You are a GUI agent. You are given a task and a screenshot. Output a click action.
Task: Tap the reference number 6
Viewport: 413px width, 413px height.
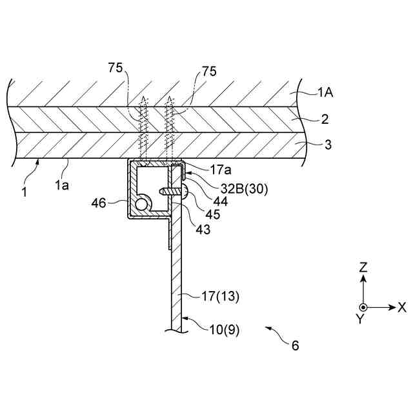coord(295,345)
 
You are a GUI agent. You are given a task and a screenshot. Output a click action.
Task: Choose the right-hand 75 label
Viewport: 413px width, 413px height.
coord(209,72)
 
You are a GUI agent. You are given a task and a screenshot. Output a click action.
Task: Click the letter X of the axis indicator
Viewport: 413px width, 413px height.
coord(402,308)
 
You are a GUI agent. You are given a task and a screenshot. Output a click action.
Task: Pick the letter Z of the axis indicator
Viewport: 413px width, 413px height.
coord(363,266)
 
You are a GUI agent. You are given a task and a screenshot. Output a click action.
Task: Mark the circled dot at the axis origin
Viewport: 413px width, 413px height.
coord(363,308)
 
